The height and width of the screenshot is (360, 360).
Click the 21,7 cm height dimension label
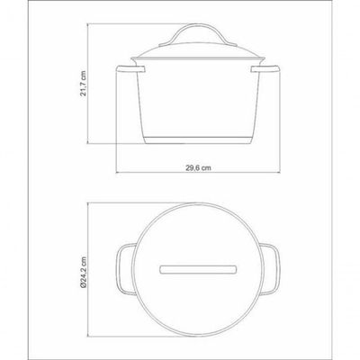[x=84, y=83]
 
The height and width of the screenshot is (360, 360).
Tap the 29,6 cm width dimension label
[x=198, y=168]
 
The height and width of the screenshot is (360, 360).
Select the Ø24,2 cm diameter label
[x=84, y=273]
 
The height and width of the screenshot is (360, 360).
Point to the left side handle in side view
[x=130, y=69]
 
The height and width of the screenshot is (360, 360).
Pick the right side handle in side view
[x=265, y=69]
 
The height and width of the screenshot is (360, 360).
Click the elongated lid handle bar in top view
[x=198, y=269]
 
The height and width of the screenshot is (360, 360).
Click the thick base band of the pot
[x=198, y=140]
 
